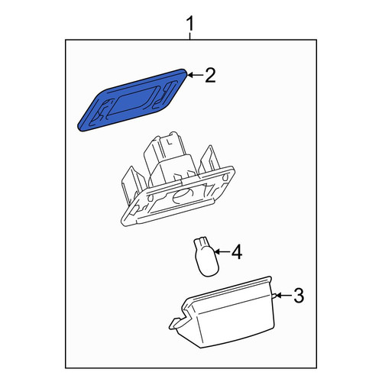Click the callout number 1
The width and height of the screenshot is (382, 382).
coord(190,24)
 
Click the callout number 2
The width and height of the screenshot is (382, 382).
coord(210,75)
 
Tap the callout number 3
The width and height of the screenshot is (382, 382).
coord(299,296)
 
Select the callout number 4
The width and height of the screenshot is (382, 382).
coord(237,252)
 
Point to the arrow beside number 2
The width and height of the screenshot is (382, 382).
coord(196,75)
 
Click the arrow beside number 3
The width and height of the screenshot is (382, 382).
coord(284,296)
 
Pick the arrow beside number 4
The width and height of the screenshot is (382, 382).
coord(222,251)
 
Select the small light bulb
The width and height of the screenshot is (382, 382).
coord(206,256)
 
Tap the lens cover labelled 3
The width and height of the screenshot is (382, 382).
coord(224,313)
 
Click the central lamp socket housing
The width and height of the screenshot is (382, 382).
coord(177,179)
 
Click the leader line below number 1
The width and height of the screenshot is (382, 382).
coord(190,35)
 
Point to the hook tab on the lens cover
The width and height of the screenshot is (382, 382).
coord(177,322)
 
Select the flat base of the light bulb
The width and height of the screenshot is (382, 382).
coord(201,241)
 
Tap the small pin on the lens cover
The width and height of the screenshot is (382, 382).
coord(275,296)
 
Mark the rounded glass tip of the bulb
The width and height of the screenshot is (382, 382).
coord(209,270)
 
